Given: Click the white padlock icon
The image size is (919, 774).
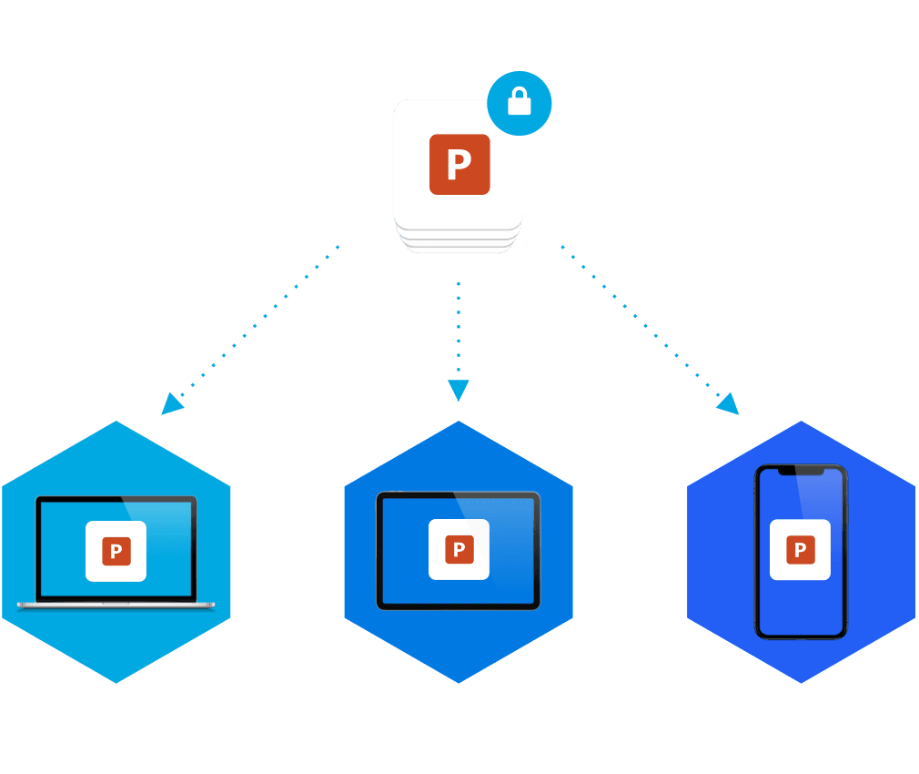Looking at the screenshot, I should point(519,103).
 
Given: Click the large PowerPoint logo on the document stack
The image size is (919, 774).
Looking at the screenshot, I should point(459,165).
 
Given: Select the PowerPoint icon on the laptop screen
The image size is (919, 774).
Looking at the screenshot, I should point(116,551).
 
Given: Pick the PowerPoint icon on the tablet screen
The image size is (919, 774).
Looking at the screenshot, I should point(459,549).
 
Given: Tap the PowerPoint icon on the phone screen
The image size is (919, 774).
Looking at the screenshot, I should point(800,550).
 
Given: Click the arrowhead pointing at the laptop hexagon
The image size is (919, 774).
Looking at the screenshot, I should point(171,403).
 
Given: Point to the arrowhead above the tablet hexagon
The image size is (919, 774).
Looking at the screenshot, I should point(459,391).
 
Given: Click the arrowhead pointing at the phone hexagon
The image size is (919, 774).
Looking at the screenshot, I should point(728,403).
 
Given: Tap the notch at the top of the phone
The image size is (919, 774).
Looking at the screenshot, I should point(801,471).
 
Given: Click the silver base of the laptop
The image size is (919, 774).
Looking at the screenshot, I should point(116,604).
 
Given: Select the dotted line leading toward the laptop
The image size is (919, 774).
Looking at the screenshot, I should point(259,323).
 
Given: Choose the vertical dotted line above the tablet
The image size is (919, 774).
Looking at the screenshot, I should point(459,328).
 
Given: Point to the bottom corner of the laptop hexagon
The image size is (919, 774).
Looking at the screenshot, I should point(116,678).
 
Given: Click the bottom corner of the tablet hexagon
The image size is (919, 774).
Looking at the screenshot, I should point(459,678).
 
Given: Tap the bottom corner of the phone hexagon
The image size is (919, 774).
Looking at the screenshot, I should point(801,678).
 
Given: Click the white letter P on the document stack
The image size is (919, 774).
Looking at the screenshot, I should point(459,166).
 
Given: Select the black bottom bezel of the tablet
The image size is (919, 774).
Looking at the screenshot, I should point(459,606).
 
